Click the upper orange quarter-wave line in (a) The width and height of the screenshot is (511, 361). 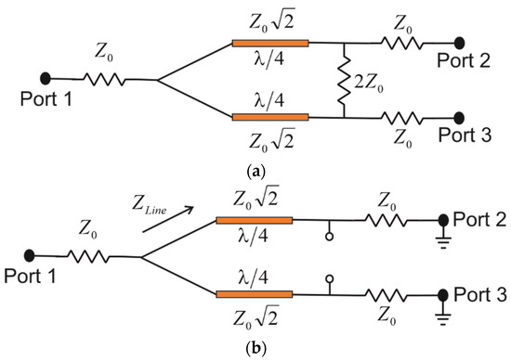coord(269,43)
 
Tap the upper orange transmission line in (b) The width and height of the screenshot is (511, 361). coord(254,220)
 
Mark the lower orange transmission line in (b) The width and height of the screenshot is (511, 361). coord(254,295)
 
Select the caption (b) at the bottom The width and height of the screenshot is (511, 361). coord(255,349)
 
